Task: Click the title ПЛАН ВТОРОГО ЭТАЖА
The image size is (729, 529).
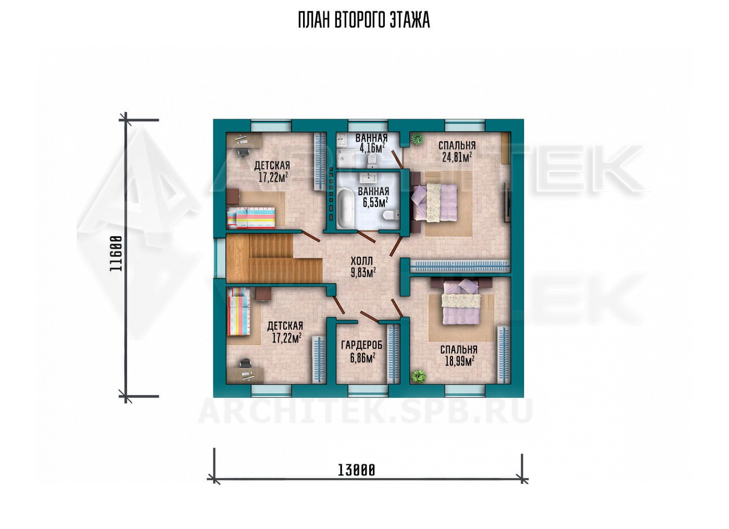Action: coord(364,20)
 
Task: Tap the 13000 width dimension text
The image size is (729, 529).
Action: coord(356,470)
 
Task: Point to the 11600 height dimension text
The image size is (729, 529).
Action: coord(116,254)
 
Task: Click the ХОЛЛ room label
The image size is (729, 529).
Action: coord(361,261)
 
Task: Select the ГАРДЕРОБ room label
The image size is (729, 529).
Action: coord(361,345)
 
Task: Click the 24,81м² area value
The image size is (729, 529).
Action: coord(457,157)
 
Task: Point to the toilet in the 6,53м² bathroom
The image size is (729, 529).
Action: coord(389,215)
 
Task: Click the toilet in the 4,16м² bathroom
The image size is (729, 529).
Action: coord(371,160)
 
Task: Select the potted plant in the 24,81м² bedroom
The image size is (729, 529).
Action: coord(416,138)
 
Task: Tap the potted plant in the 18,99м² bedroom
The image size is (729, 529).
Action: coord(418,376)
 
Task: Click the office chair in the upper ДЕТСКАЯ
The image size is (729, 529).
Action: coord(244,152)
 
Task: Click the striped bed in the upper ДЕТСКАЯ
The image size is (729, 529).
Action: coord(251,217)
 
